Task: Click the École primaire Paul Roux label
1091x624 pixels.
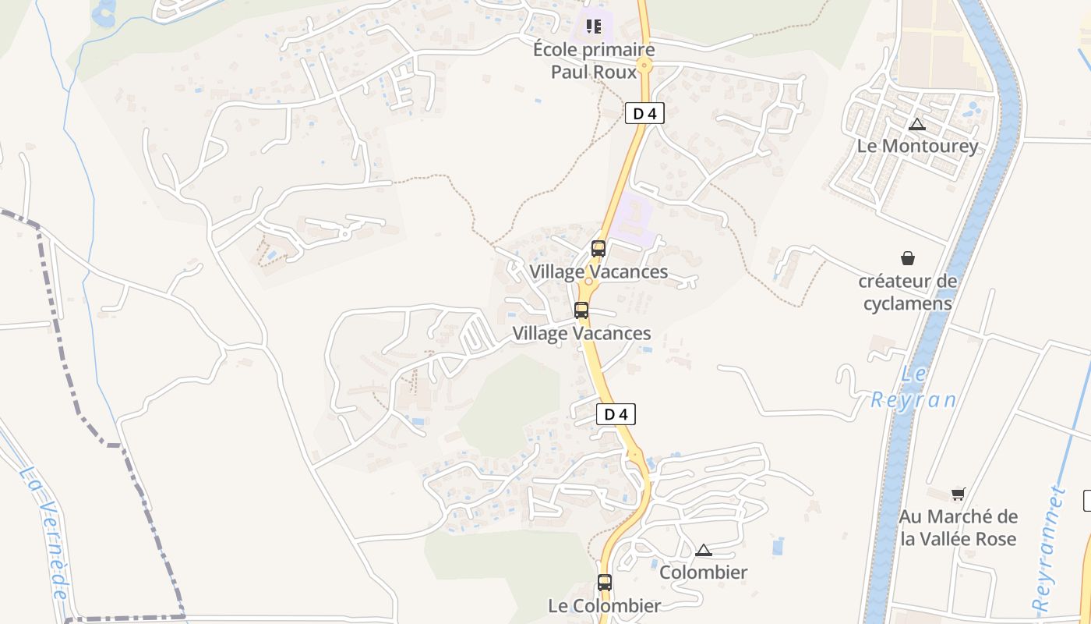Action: tap(594, 60)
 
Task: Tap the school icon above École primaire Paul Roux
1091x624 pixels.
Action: tap(594, 27)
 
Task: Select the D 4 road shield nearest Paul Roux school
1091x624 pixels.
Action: tap(644, 113)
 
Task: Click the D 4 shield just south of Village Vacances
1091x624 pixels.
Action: tap(616, 414)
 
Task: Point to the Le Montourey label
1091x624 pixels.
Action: tap(917, 146)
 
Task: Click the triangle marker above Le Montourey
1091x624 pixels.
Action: tap(917, 124)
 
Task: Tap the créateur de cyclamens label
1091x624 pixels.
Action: tap(907, 292)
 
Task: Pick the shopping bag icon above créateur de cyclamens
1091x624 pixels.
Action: tap(908, 258)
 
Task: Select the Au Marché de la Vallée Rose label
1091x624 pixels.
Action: tap(959, 527)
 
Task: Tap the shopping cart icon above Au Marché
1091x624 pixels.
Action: tap(958, 494)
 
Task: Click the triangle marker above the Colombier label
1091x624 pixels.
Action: tap(704, 550)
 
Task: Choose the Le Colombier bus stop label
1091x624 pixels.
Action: tap(605, 605)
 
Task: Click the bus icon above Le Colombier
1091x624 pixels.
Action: tap(605, 582)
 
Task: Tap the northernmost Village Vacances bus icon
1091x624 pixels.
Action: tap(598, 249)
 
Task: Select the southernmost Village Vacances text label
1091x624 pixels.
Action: tap(581, 333)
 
